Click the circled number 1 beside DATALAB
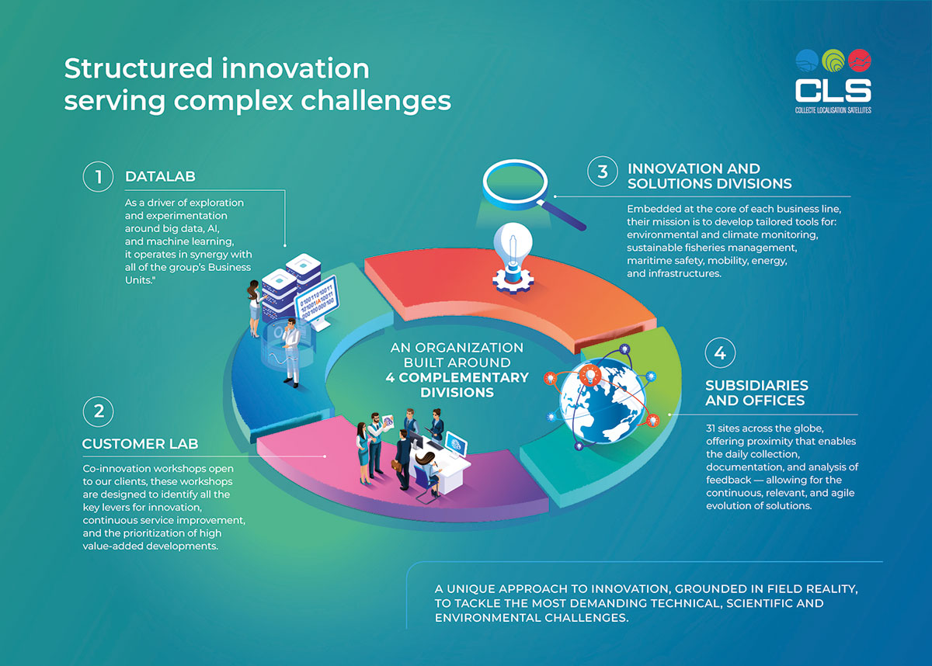[98, 177]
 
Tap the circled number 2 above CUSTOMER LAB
[98, 411]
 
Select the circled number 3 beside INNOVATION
[603, 172]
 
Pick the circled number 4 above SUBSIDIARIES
[720, 353]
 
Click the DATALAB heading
[160, 177]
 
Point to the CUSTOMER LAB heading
[141, 444]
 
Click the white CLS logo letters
[833, 90]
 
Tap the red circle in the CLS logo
[860, 61]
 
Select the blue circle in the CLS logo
[807, 61]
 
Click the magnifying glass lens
[515, 183]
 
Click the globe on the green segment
[603, 401]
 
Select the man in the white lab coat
[291, 352]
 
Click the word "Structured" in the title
[138, 68]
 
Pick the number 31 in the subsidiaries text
[712, 428]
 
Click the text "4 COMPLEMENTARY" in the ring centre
[457, 377]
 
